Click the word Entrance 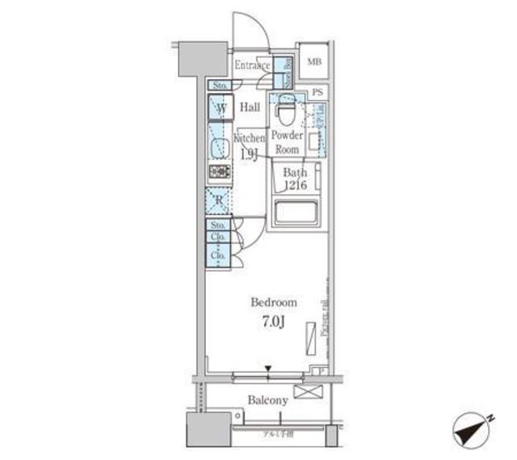pos(252,65)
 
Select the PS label pos(317,94)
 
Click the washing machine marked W pos(220,108)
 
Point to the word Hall pos(250,108)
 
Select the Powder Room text pos(287,143)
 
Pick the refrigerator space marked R pos(219,200)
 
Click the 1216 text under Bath pos(294,185)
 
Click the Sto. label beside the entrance pos(218,85)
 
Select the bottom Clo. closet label pos(217,255)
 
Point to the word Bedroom pos(273,302)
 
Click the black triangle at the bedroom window pos(267,369)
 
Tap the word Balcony pos(267,400)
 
